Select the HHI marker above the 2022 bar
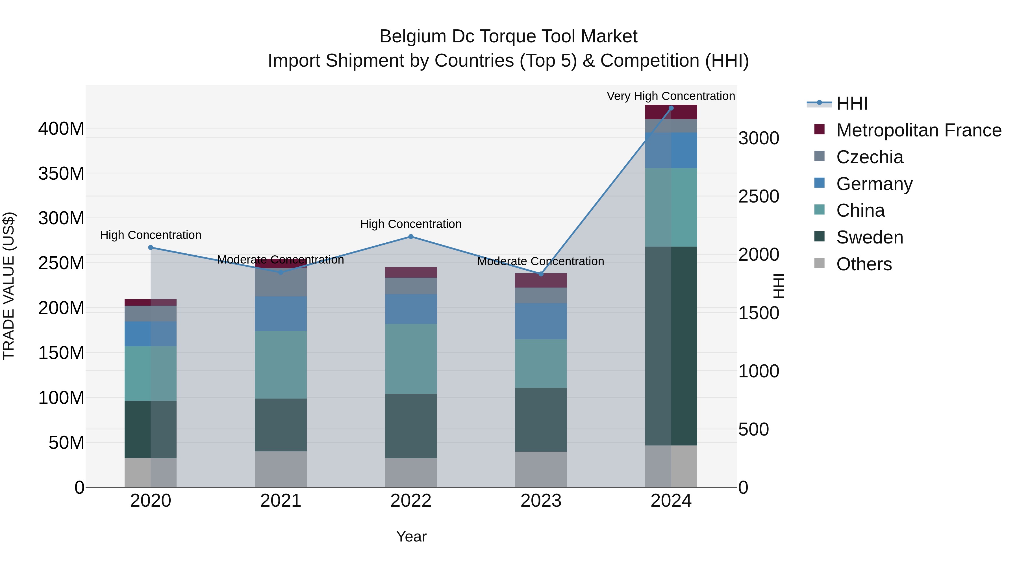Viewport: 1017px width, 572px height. pos(410,236)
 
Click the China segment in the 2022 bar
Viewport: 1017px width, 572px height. pos(410,358)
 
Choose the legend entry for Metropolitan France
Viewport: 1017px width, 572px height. pos(918,130)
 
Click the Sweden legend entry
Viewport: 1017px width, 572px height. pos(869,237)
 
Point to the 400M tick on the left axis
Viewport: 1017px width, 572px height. pos(61,129)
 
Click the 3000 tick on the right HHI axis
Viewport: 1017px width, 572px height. pos(759,138)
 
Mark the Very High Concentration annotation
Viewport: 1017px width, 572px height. pos(670,96)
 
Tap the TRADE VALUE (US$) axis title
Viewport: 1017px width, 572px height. pos(9,286)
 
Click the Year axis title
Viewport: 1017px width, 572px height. pos(411,536)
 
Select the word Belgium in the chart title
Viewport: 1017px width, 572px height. pos(412,36)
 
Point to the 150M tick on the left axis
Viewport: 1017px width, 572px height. pos(61,353)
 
